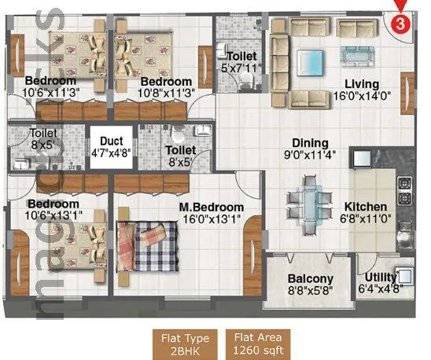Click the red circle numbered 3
400,23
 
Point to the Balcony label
310,279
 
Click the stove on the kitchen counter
406,189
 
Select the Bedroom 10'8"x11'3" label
166,82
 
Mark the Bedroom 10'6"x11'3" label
50,81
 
